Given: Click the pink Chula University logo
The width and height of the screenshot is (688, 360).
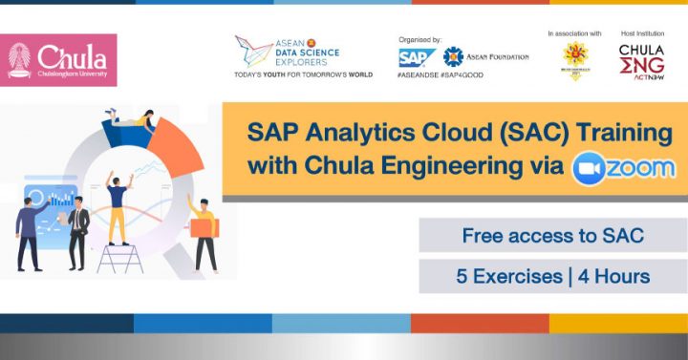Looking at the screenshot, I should coord(58,59).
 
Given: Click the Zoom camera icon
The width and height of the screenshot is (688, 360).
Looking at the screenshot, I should coord(588,168).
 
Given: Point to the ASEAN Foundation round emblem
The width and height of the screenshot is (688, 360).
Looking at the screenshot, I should coord(454,57).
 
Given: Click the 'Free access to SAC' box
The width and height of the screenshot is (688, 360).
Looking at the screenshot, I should coord(551,236).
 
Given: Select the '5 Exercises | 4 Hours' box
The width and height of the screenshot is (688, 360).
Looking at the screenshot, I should coord(551,277).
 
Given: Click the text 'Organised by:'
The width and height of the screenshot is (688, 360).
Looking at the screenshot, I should coord(420,39).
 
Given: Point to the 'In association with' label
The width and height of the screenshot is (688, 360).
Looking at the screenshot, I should coord(574,33).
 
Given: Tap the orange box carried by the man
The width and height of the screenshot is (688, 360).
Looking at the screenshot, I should coord(203,227).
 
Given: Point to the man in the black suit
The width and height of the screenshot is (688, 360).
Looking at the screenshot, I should coord(78,234).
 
